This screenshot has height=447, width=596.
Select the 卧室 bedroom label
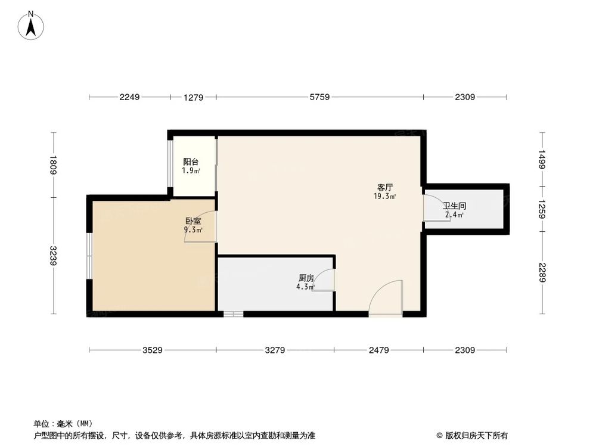(193, 221)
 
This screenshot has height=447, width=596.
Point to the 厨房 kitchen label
(306, 278)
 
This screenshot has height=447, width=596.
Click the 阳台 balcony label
(191, 162)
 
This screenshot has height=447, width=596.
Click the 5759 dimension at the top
(319, 97)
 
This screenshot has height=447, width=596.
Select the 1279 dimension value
(193, 97)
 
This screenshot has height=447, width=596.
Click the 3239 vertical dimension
(54, 256)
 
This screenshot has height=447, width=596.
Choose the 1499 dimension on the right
(542, 159)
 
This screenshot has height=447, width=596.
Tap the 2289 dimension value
(542, 272)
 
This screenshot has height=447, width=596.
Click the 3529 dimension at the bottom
(153, 350)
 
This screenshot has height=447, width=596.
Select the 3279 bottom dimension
(274, 350)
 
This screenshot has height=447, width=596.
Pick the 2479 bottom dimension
(378, 350)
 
